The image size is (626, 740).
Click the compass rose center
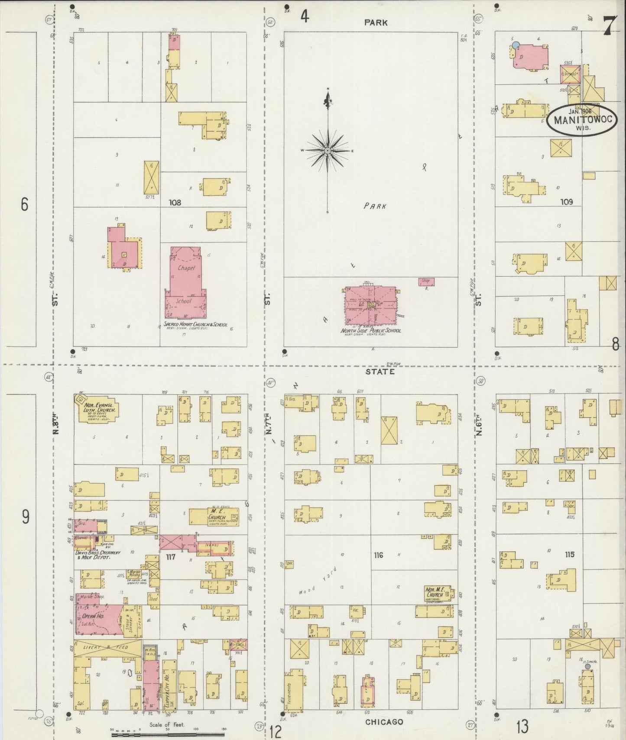pyautogui.click(x=328, y=150)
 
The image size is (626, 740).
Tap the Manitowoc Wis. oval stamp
pyautogui.click(x=581, y=119)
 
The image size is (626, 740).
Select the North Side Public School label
pyautogui.click(x=371, y=331)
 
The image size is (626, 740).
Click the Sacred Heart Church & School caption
pyautogui.click(x=195, y=324)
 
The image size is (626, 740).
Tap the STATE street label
pyautogui.click(x=380, y=372)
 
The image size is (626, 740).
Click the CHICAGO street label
pyautogui.click(x=384, y=722)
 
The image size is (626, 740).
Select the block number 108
pyautogui.click(x=175, y=202)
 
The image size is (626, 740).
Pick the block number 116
pyautogui.click(x=378, y=555)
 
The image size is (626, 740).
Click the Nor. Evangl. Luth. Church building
pyautogui.click(x=97, y=410)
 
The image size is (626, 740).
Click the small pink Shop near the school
pyautogui.click(x=425, y=281)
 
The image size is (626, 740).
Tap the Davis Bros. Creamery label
pyautogui.click(x=98, y=555)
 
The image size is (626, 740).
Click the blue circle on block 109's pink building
pyautogui.click(x=515, y=45)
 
